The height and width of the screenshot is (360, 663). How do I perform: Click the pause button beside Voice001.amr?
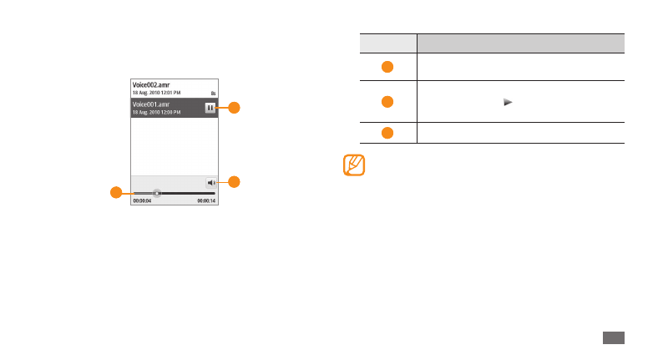[x=210, y=108]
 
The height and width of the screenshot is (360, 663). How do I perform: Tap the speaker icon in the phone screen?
[x=211, y=182]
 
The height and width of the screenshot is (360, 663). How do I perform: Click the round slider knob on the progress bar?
[x=156, y=193]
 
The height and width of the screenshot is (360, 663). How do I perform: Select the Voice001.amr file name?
[x=150, y=104]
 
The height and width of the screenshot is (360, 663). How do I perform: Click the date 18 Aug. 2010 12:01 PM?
[x=158, y=93]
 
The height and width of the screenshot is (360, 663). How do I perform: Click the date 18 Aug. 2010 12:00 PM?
[x=158, y=112]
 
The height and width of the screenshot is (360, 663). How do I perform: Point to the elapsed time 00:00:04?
[x=142, y=201]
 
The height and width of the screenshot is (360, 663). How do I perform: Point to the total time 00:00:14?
[x=205, y=201]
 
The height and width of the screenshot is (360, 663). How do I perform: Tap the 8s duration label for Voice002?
[x=213, y=93]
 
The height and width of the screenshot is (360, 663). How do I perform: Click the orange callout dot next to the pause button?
[x=235, y=107]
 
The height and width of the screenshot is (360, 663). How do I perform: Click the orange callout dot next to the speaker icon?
[x=235, y=181]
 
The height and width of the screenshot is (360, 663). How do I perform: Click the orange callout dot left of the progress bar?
[x=115, y=193]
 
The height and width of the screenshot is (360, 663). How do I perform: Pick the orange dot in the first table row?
[x=387, y=66]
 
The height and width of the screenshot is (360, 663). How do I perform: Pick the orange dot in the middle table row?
[x=387, y=102]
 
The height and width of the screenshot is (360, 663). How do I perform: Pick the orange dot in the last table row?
[x=387, y=133]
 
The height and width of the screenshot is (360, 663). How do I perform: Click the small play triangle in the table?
[x=507, y=101]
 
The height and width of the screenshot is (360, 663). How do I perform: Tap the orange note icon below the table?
[x=354, y=164]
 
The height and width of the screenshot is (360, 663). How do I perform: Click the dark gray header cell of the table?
[x=520, y=43]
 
